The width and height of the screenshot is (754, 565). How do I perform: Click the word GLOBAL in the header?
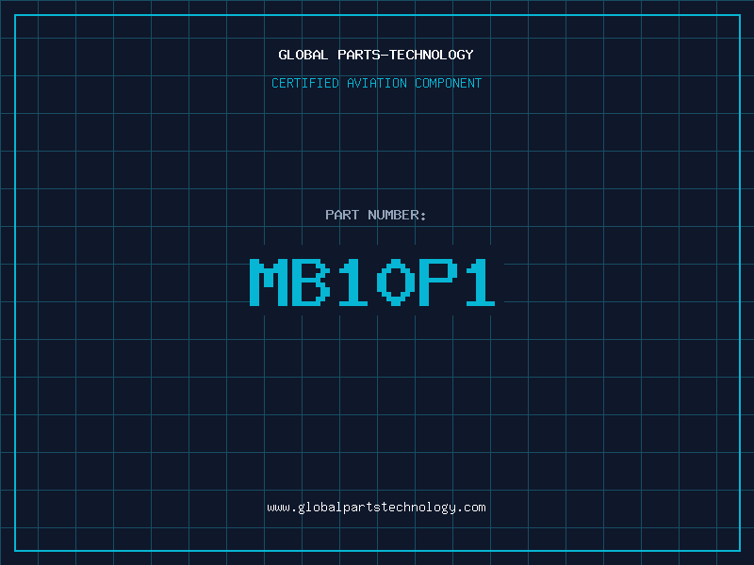(303, 55)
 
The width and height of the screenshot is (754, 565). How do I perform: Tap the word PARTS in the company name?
(358, 55)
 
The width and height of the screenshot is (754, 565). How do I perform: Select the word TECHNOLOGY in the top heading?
(432, 55)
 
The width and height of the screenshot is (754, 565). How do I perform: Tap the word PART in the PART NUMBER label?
(342, 215)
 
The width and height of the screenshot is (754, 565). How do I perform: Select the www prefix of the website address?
(278, 508)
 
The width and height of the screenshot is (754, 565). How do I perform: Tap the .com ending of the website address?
(472, 508)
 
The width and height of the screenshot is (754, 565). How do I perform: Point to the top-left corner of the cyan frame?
(15, 15)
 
